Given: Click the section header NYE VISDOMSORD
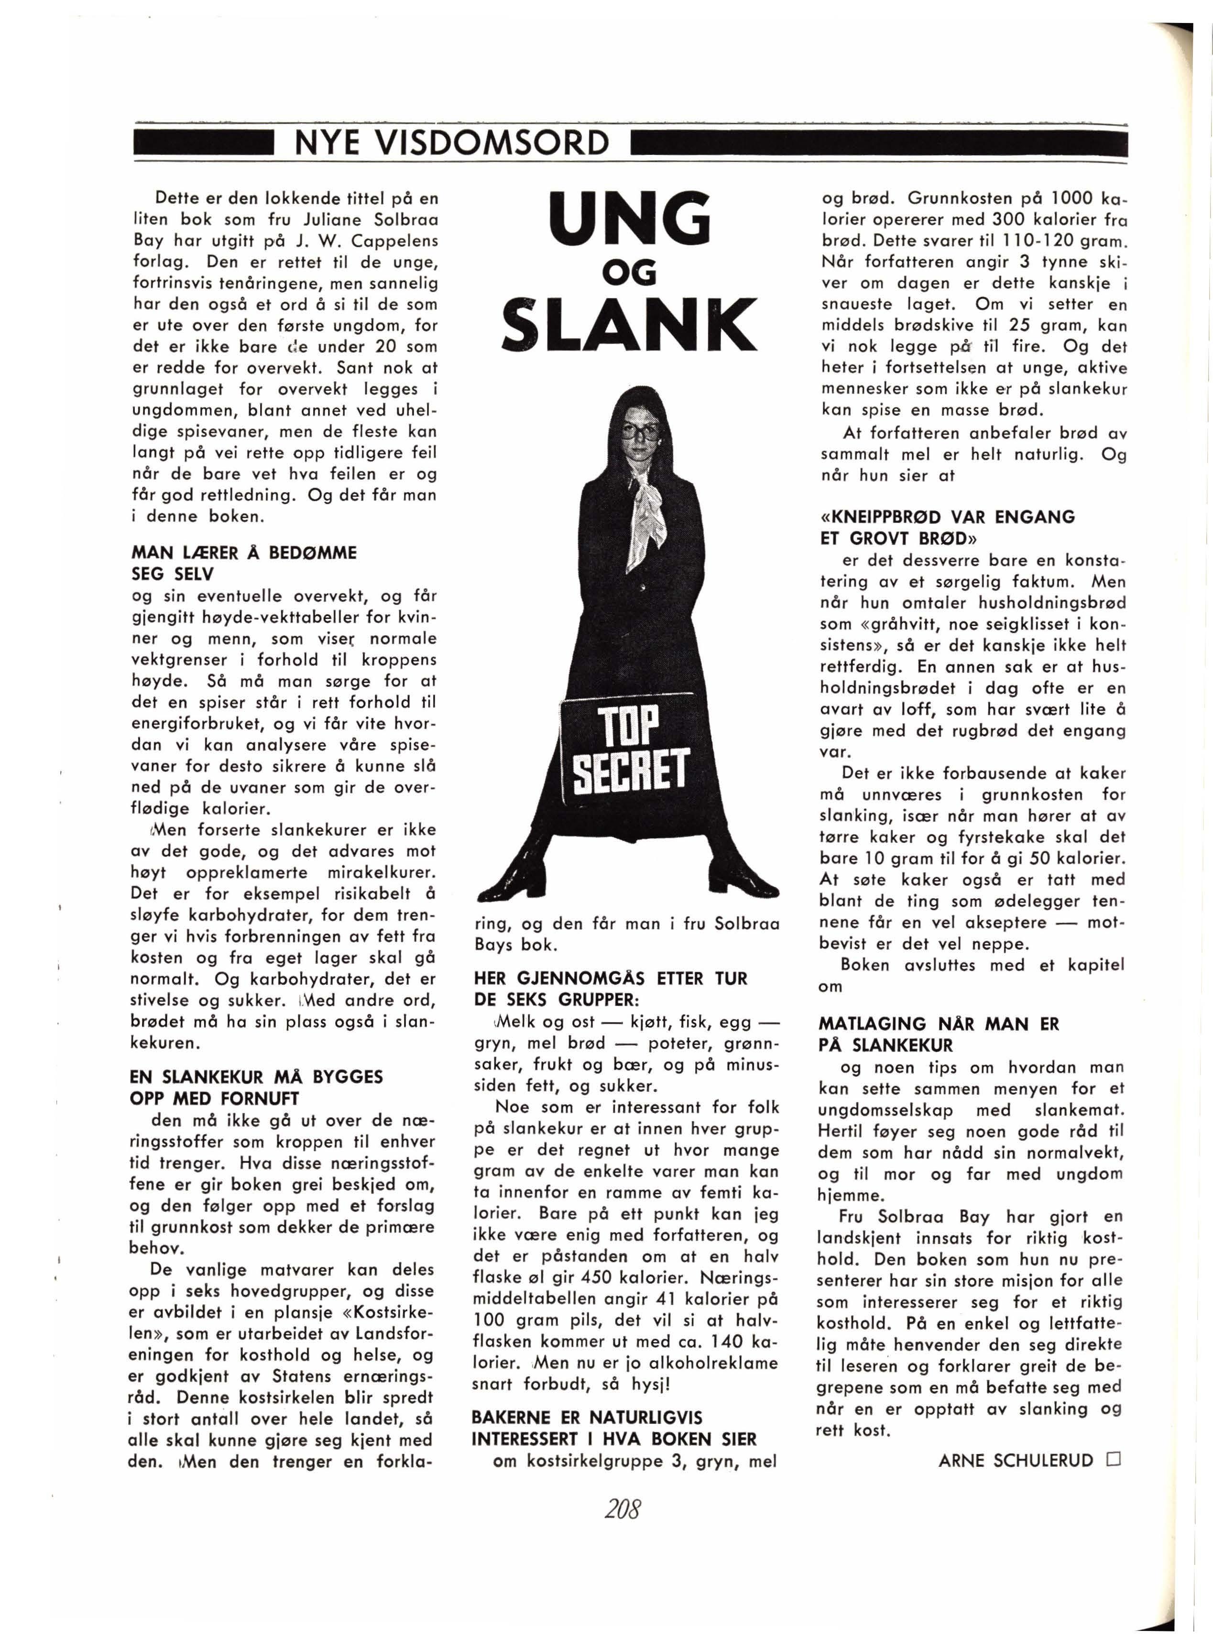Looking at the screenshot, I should (451, 143).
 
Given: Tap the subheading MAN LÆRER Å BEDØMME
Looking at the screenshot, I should (244, 552).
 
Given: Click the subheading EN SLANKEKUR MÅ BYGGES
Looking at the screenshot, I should (256, 1077).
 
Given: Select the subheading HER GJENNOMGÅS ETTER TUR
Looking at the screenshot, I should (610, 978).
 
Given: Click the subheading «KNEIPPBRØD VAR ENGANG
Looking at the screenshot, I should (947, 517).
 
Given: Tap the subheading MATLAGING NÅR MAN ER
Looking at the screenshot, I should (939, 1024).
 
